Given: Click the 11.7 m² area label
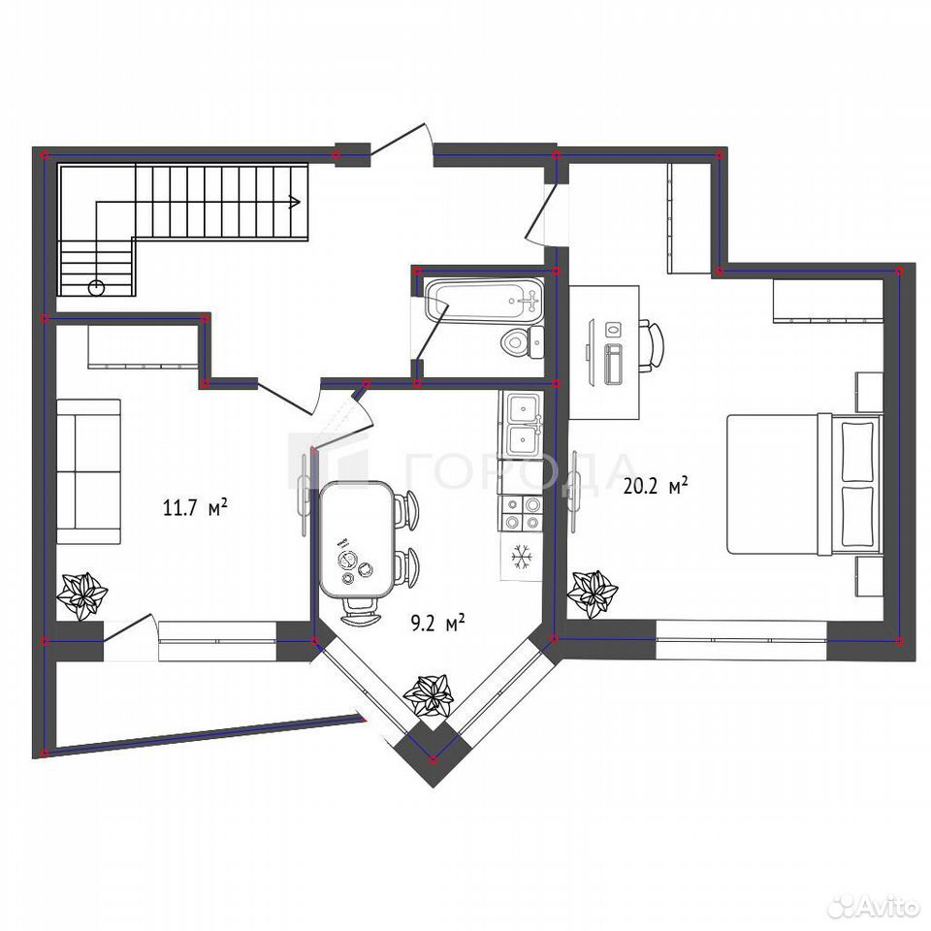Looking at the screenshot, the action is [195, 508].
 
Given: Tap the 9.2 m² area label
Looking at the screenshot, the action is [437, 624].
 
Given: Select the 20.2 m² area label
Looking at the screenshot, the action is [656, 486].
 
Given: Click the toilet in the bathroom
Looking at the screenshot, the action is [523, 342].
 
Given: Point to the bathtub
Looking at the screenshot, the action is [485, 301].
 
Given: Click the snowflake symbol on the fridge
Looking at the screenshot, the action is [522, 558].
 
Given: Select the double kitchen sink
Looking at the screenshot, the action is [522, 424].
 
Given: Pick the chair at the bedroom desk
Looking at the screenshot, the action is [652, 346].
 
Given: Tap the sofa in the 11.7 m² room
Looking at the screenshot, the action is [88, 471].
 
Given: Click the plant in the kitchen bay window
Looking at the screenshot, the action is [428, 695].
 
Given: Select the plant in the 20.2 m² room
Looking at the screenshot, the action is [593, 594].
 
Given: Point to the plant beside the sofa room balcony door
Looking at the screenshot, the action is [81, 595].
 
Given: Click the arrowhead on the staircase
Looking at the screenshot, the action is [294, 203].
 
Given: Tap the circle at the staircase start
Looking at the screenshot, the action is [96, 288].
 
